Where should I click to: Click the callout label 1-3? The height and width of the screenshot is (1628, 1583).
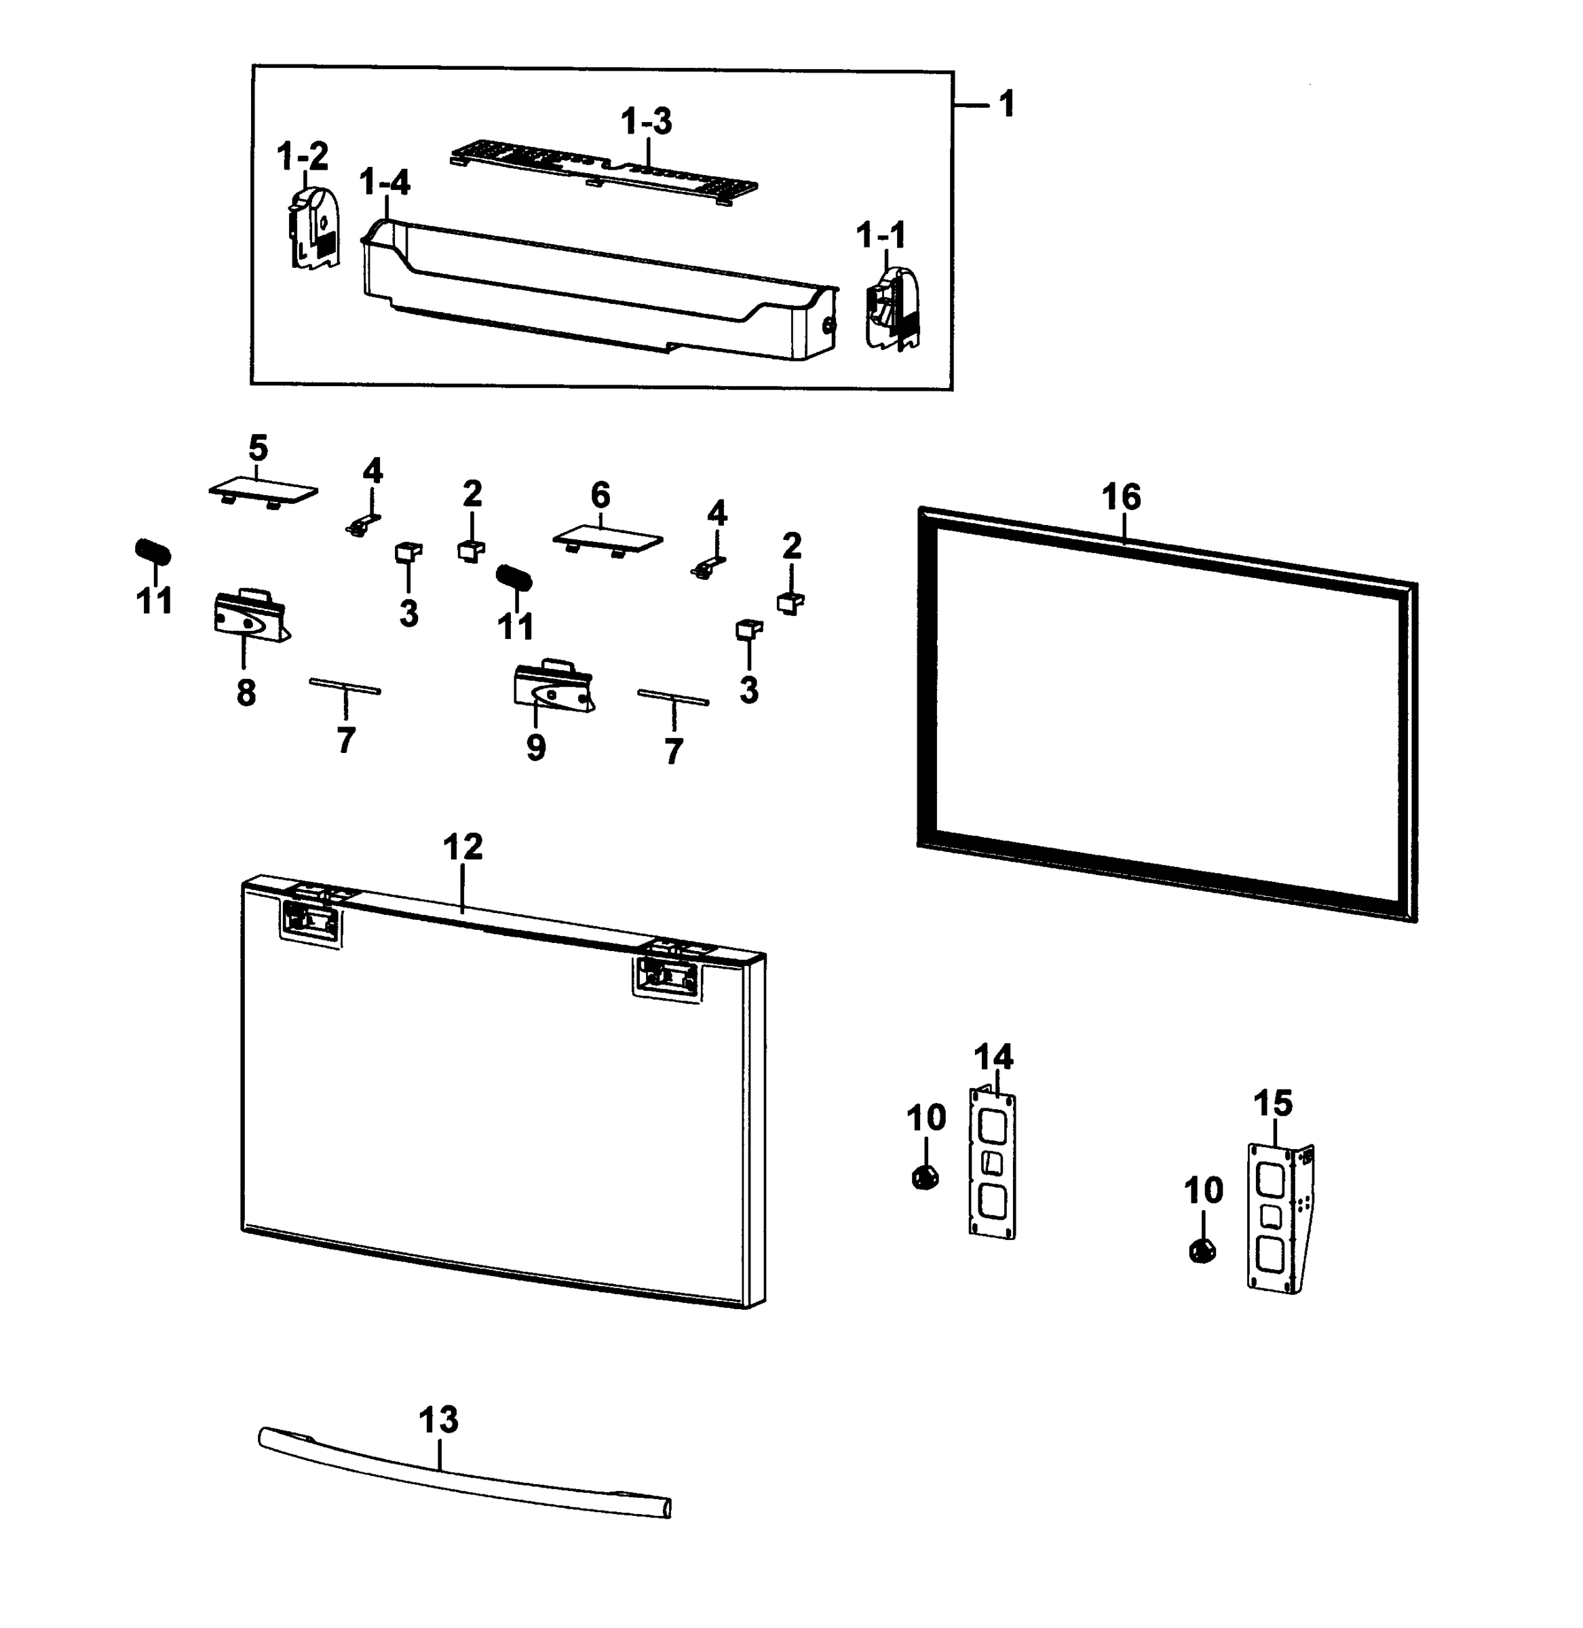(646, 121)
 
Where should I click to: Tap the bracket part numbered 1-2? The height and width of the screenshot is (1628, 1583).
(314, 227)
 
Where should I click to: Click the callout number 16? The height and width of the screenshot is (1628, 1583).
(1121, 497)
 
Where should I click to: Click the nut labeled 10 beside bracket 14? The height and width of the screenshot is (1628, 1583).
(925, 1177)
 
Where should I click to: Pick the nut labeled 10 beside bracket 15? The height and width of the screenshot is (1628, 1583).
(1202, 1250)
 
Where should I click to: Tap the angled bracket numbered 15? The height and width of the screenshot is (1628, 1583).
(1279, 1218)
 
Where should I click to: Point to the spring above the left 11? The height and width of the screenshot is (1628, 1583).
(153, 550)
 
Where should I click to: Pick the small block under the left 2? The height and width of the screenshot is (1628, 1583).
(472, 550)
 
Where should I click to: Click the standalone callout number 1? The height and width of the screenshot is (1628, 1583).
(1006, 104)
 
